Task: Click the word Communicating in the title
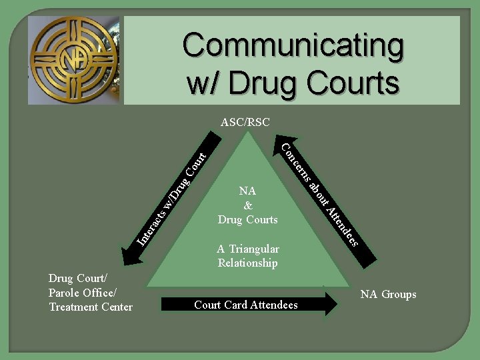point(293,46)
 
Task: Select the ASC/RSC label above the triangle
point(245,123)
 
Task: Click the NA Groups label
point(388,294)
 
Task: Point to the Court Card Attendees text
point(246,305)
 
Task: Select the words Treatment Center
point(91,307)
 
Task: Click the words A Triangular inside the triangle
point(248,249)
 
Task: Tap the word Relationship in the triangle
point(248,263)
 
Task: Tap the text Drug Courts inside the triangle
point(248,219)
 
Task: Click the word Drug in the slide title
point(265,83)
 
